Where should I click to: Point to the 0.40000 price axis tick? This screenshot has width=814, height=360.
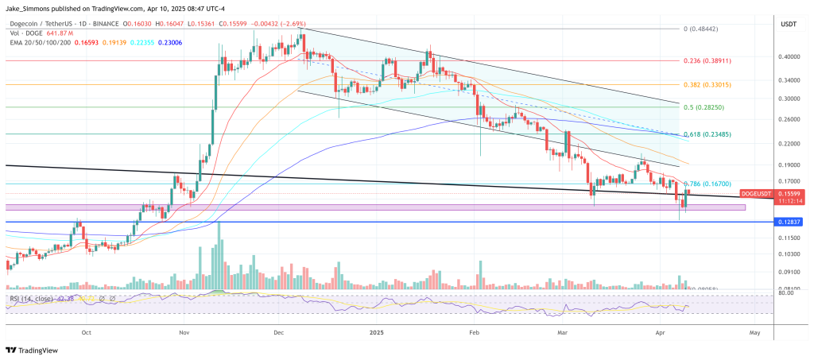788,57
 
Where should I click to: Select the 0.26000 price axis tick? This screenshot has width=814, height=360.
788,120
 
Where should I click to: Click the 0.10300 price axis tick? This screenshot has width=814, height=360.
788,254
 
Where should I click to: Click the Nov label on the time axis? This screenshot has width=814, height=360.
184,334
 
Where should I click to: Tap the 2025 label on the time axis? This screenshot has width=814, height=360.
377,334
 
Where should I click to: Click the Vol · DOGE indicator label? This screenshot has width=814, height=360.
25,33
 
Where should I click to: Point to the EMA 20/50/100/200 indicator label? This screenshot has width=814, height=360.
39,43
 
